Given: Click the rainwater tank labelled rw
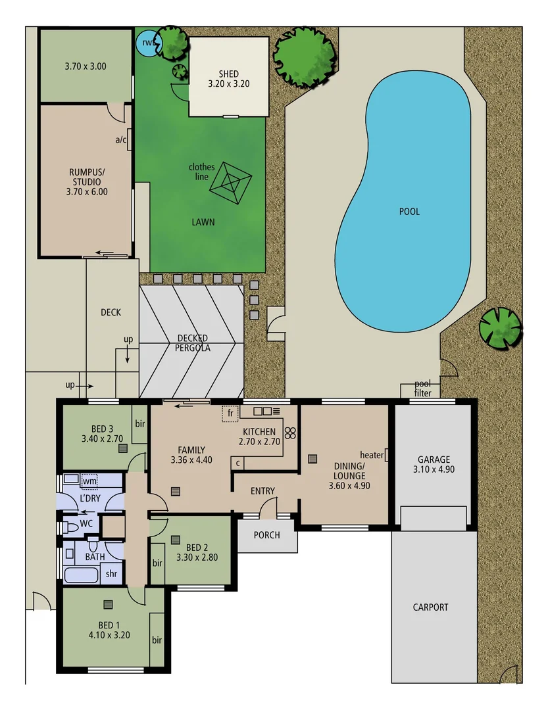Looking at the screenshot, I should point(147,44).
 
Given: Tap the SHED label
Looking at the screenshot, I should point(228,74).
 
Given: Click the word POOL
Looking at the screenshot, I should point(409,212).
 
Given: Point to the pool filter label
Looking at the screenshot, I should point(427,389).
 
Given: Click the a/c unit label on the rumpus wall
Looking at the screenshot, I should point(121,139).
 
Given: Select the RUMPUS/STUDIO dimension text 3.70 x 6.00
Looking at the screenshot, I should point(87,192).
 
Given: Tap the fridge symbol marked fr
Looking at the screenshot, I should point(230,414).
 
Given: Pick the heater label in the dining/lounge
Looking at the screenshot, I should point(372,454).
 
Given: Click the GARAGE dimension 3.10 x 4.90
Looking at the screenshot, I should point(434,469).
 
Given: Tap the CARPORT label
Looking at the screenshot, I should point(431,607).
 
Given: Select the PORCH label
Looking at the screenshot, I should point(266,535).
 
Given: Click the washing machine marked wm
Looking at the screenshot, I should point(88,481).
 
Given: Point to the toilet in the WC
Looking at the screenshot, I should point(70,527).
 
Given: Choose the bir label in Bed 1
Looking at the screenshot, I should point(157,639).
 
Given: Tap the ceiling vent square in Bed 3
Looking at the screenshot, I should point(123,448).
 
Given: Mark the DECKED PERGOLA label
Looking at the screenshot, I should point(193,343).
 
